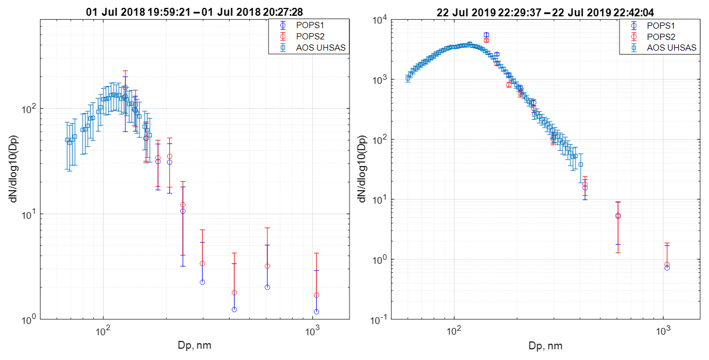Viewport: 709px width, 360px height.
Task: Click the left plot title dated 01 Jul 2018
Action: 194,11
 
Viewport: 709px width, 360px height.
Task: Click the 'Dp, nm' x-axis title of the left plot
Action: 194,345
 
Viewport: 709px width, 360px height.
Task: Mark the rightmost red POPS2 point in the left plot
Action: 316,295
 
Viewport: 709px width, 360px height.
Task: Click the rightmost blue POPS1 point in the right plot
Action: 667,268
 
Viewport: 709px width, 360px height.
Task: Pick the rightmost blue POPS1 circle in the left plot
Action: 316,312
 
